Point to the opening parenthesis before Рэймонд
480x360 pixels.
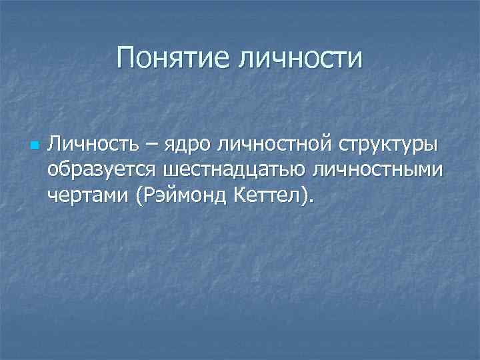[x=138, y=197]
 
